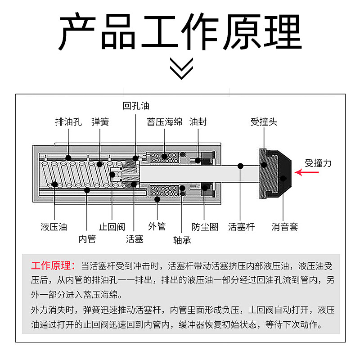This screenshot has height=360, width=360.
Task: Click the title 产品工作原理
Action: coord(180,31)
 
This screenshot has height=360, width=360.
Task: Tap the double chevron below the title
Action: coord(181,68)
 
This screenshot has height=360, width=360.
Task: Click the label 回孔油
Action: coord(136,106)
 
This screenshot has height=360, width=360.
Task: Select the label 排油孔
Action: coord(68,121)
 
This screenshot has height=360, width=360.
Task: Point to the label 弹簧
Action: coord(100,121)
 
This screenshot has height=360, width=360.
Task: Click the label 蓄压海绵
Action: coord(164,121)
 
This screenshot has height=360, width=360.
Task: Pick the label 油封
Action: coord(198,121)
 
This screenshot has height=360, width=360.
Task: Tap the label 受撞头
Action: coord(264,121)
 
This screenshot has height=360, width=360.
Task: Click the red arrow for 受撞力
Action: coord(306,172)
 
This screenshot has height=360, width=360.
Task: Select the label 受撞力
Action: coord(318,163)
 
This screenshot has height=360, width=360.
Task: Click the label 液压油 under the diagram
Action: coord(54,227)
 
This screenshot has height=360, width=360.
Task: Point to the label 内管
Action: coord(87,239)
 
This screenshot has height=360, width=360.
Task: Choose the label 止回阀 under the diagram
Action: coord(112,227)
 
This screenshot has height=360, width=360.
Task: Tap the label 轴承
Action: coord(182,240)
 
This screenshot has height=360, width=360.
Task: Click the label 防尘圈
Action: coord(205,227)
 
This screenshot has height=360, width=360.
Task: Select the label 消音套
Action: coord(285,227)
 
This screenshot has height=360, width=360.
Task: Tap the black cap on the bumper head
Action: coord(283,174)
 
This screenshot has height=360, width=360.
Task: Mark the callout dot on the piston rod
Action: coord(240,166)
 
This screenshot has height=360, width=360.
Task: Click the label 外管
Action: coord(157,226)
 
